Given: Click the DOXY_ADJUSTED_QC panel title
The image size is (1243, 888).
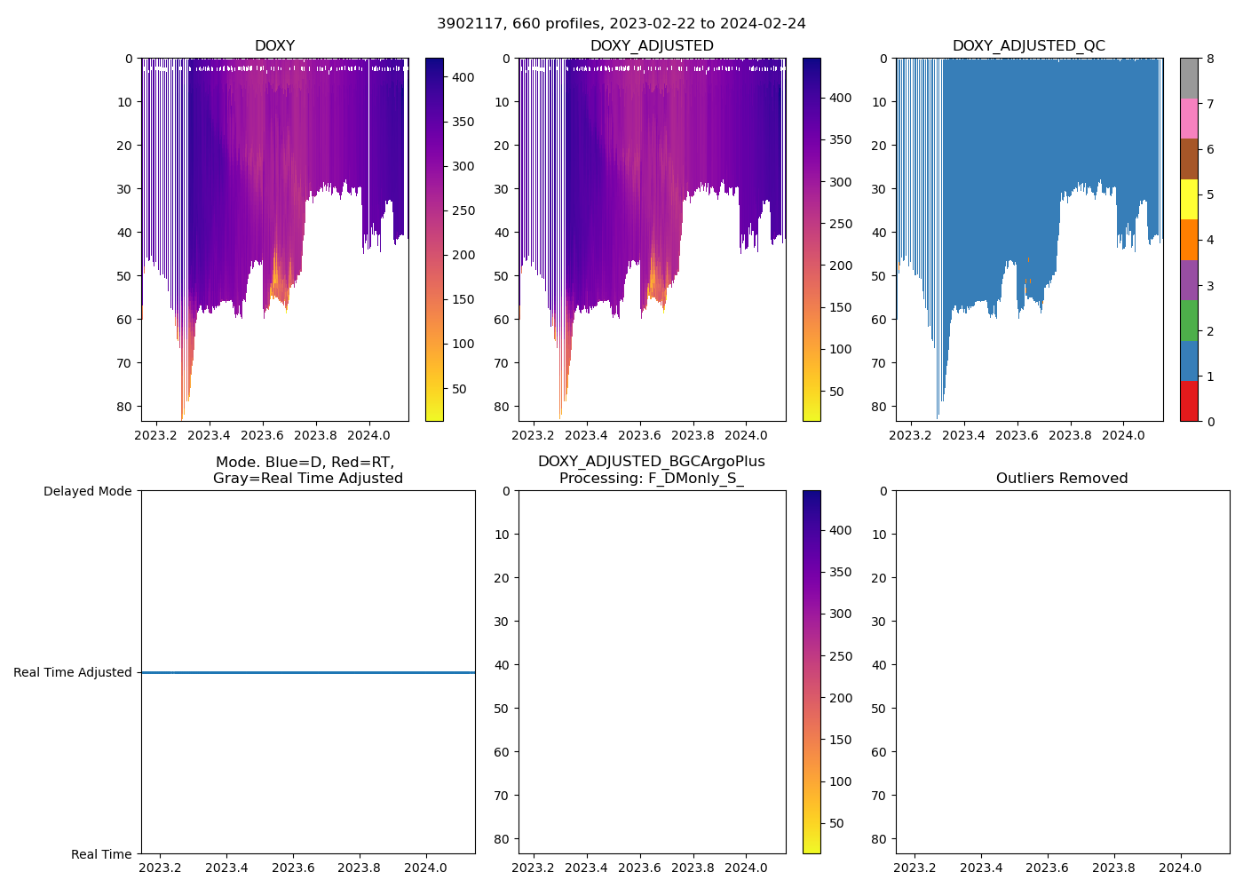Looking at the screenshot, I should click(1028, 45).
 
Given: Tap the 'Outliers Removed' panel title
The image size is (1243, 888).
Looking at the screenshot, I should click(1062, 478).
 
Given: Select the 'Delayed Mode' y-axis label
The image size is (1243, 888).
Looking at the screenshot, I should click(87, 491).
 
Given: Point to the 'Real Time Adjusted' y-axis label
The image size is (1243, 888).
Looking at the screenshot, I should click(73, 672).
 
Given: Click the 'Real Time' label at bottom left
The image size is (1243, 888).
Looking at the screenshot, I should click(101, 854).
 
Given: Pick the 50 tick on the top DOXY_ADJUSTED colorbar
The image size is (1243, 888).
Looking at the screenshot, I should click(835, 392).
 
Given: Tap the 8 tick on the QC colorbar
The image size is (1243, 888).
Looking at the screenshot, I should click(1209, 59).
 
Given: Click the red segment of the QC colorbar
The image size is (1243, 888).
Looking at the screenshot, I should click(1189, 401).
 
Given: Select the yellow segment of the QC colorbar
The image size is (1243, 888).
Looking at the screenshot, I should click(1189, 200).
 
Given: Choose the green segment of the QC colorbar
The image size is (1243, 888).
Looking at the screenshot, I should click(1189, 321).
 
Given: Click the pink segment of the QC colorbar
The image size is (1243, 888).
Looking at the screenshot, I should click(1189, 119).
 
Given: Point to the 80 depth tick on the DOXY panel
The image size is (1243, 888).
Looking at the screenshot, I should click(123, 407).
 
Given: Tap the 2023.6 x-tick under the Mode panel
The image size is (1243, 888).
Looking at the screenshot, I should click(293, 868).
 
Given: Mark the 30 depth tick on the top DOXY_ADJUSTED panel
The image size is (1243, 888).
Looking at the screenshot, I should click(502, 189).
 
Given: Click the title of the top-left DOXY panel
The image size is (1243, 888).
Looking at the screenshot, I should click(274, 45).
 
